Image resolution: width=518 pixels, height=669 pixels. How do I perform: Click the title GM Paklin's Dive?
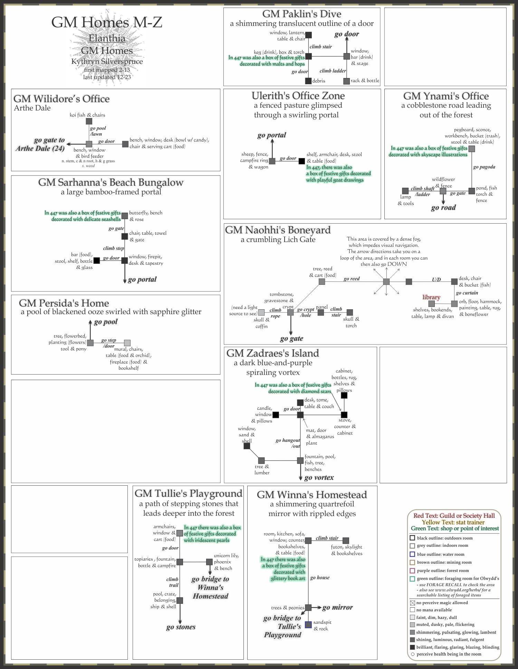(x=301, y=14)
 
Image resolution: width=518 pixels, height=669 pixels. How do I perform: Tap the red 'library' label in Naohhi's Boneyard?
(x=431, y=297)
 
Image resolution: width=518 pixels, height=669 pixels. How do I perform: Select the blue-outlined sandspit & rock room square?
(x=308, y=624)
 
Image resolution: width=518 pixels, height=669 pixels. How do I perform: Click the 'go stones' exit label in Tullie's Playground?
(x=181, y=627)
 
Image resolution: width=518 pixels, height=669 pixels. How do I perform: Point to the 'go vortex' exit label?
(x=319, y=478)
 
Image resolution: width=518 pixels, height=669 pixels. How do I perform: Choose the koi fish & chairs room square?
(x=89, y=121)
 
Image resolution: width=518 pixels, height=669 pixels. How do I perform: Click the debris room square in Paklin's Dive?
(x=308, y=81)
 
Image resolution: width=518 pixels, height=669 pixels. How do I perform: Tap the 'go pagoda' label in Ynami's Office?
(x=484, y=167)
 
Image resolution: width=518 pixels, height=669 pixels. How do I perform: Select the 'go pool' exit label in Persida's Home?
(x=106, y=322)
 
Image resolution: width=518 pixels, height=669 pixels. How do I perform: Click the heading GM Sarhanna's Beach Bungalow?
(x=111, y=182)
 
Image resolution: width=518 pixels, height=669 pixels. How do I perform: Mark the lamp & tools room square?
(x=405, y=191)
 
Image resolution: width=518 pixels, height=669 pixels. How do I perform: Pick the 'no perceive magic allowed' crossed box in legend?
(x=412, y=603)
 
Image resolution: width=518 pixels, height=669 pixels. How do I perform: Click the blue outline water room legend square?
(x=412, y=554)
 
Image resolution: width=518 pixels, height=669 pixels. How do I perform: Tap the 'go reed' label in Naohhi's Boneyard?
(x=352, y=279)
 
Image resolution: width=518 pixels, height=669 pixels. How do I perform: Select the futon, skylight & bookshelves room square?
(x=346, y=541)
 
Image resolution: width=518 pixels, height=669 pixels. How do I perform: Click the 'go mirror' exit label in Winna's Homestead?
(x=337, y=608)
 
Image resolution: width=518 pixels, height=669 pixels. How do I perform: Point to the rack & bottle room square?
(x=347, y=81)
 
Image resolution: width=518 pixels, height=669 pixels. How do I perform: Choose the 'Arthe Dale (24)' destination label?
(x=40, y=148)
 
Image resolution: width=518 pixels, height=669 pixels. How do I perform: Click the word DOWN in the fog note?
(x=397, y=264)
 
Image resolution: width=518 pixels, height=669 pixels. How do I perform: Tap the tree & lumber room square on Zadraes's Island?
(x=261, y=460)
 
